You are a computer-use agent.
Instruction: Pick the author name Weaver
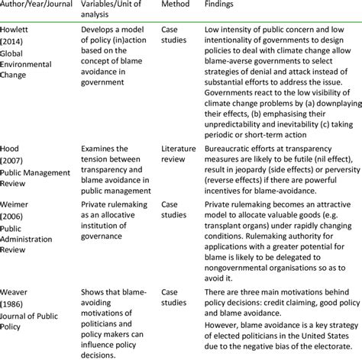(15, 291)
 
